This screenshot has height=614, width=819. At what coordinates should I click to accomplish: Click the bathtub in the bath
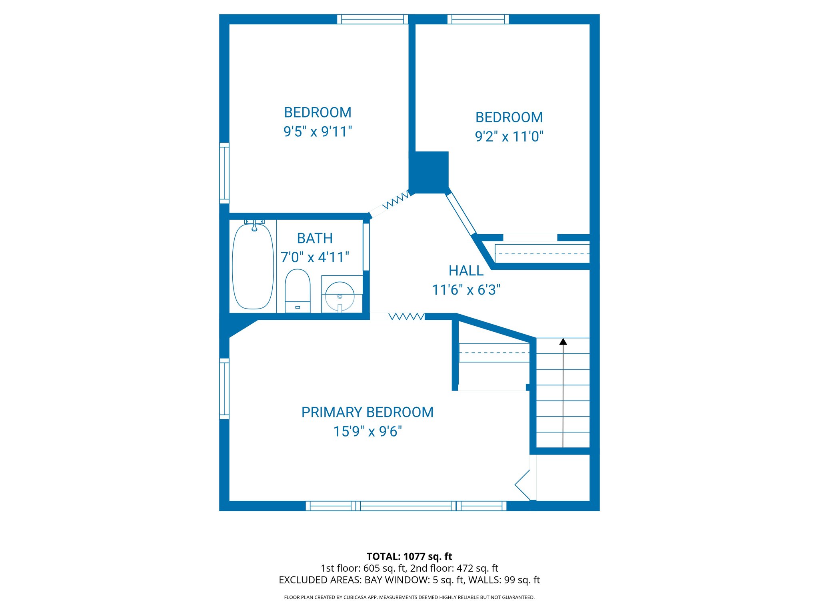click(253, 267)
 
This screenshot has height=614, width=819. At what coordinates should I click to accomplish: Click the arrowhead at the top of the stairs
click(563, 341)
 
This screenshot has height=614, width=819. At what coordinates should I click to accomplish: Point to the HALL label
click(466, 271)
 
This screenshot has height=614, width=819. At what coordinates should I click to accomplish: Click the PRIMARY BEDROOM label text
click(367, 412)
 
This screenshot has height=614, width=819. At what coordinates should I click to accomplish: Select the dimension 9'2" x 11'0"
click(509, 136)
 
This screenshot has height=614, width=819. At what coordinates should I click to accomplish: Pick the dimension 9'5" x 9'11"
click(318, 132)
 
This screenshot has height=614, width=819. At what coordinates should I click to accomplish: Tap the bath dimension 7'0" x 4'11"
click(315, 257)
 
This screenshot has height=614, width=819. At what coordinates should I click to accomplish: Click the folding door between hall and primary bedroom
click(406, 317)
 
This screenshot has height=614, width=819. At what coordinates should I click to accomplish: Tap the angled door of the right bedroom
click(461, 213)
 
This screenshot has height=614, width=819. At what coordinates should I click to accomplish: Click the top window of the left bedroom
click(372, 19)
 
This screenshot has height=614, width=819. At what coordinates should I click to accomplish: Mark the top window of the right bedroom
click(478, 19)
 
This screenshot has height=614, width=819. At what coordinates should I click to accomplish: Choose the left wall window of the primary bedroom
click(224, 389)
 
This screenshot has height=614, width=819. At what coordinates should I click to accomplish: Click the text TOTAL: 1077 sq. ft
click(409, 556)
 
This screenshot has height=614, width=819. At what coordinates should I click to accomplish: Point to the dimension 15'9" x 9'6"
click(367, 431)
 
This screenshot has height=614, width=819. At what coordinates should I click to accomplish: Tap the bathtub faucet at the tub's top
click(254, 226)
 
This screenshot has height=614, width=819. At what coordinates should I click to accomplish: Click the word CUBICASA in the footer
click(354, 597)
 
